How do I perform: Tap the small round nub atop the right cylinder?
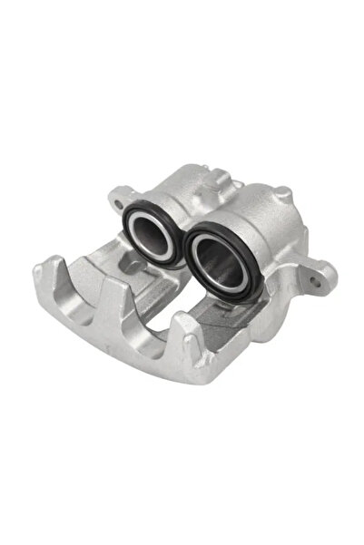point(284,192)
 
